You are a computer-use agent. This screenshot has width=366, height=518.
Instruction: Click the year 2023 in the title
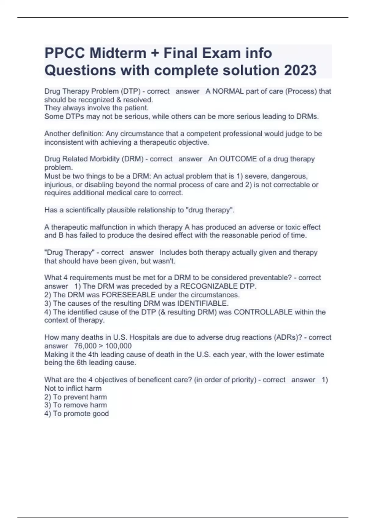click(300, 70)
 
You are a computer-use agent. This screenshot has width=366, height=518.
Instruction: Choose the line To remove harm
click(80, 405)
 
